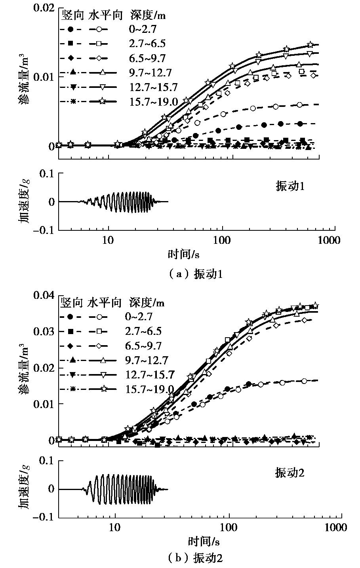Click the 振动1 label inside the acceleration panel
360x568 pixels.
tap(290, 186)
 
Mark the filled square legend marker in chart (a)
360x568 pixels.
tap(70, 44)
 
